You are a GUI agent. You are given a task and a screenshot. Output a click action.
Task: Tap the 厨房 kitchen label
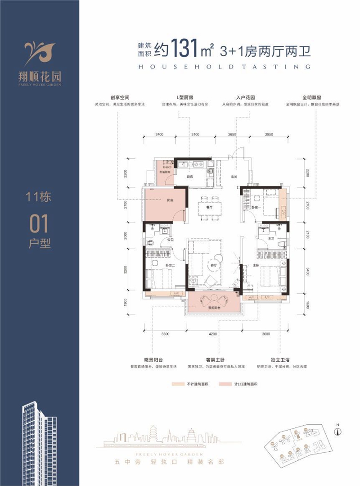click(x=190, y=177)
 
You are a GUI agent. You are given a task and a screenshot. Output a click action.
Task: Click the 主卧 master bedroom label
click(x=256, y=266)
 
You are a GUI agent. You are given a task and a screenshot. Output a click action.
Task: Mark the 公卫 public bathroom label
click(x=171, y=241)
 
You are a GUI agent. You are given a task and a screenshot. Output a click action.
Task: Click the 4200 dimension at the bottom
click(x=213, y=334)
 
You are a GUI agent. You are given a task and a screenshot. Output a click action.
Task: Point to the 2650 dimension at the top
click(x=232, y=135)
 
